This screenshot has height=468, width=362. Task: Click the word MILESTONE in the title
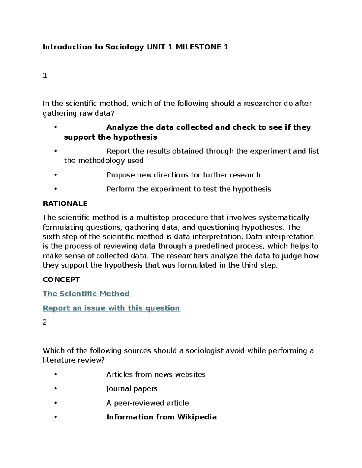click(x=198, y=47)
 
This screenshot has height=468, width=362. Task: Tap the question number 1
click(x=45, y=76)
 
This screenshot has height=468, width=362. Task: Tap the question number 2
click(x=45, y=322)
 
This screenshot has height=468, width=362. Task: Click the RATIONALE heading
click(x=65, y=203)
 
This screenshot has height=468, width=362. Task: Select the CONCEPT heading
click(x=61, y=280)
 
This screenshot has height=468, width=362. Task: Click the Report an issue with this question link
click(x=111, y=308)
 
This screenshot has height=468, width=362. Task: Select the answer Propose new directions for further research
click(x=183, y=175)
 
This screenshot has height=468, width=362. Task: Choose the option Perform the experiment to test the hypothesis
click(x=189, y=189)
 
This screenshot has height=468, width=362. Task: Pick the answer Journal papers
click(x=132, y=389)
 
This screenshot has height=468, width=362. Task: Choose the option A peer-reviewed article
click(x=148, y=403)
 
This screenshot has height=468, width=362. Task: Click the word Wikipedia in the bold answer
click(x=197, y=417)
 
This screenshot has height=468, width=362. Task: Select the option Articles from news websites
click(x=156, y=375)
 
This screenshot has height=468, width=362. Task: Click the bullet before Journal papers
click(x=56, y=388)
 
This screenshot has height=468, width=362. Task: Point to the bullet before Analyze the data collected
click(x=56, y=127)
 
